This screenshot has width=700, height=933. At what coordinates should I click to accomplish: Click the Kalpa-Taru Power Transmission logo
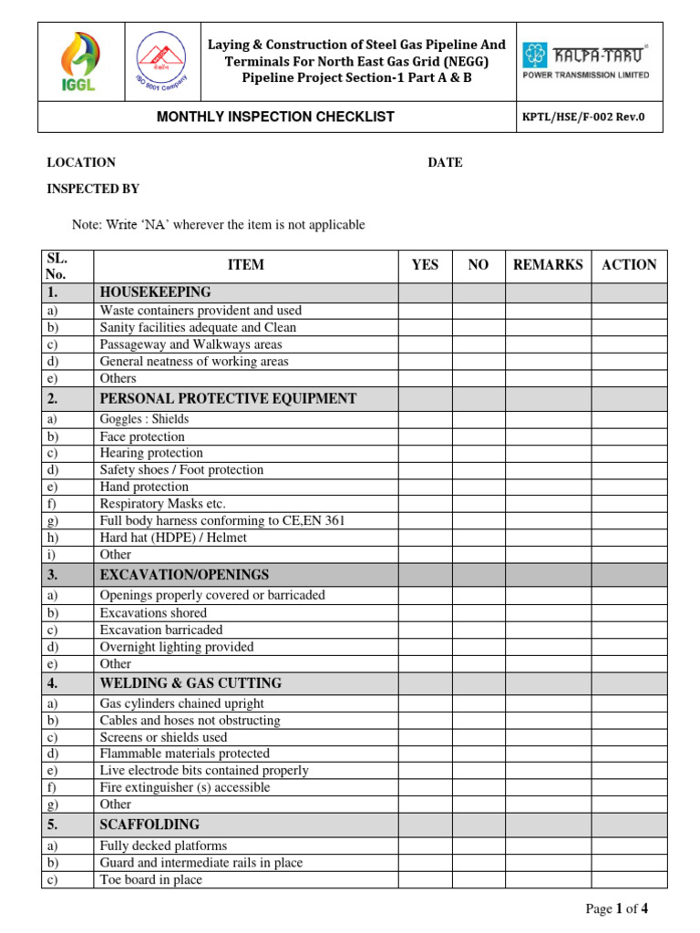pyautogui.click(x=585, y=61)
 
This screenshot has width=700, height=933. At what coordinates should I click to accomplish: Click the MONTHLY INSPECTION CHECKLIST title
pyautogui.click(x=275, y=117)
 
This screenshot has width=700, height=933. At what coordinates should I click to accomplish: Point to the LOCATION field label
pyautogui.click(x=81, y=162)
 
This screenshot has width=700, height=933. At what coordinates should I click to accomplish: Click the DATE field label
pyautogui.click(x=445, y=162)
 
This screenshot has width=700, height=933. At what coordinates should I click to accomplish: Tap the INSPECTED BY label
pyautogui.click(x=93, y=189)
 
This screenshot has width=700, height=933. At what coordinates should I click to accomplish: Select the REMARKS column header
pyautogui.click(x=548, y=265)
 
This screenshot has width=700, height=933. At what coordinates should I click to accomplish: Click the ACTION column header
pyautogui.click(x=629, y=265)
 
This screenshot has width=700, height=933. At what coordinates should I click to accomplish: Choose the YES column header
pyautogui.click(x=425, y=265)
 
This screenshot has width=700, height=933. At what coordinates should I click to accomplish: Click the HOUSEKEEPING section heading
pyautogui.click(x=155, y=292)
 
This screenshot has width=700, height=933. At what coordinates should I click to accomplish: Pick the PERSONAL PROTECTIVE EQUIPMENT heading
pyautogui.click(x=228, y=399)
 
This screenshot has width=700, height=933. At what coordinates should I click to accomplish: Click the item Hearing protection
pyautogui.click(x=151, y=453)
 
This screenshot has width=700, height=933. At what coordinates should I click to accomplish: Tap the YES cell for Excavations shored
pyautogui.click(x=425, y=613)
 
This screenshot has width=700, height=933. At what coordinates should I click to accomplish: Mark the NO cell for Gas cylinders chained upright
pyautogui.click(x=479, y=703)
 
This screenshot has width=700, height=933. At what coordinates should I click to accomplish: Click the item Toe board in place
pyautogui.click(x=150, y=880)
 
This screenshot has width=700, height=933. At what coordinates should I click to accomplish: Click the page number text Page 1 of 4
pyautogui.click(x=617, y=908)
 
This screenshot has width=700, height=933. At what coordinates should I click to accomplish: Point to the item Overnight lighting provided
pyautogui.click(x=177, y=647)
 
